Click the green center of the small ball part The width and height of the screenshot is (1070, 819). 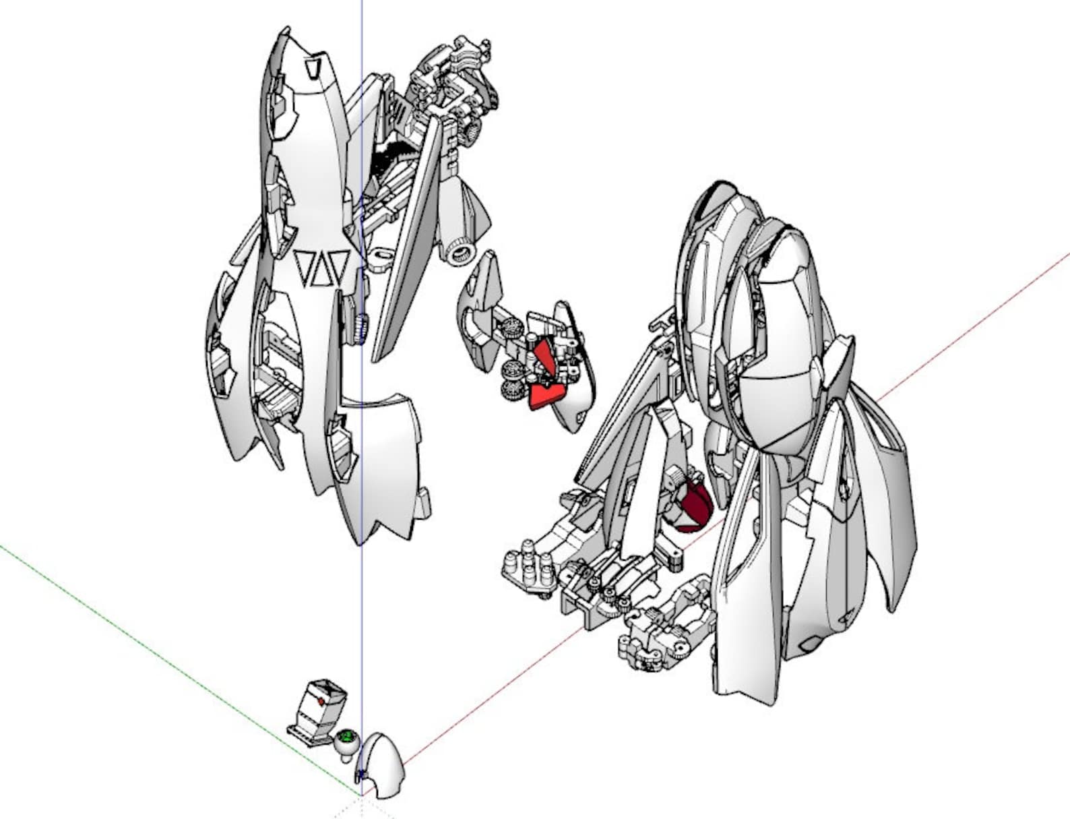pyautogui.click(x=348, y=736)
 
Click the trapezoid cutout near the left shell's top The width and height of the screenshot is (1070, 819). pyautogui.click(x=314, y=69)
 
